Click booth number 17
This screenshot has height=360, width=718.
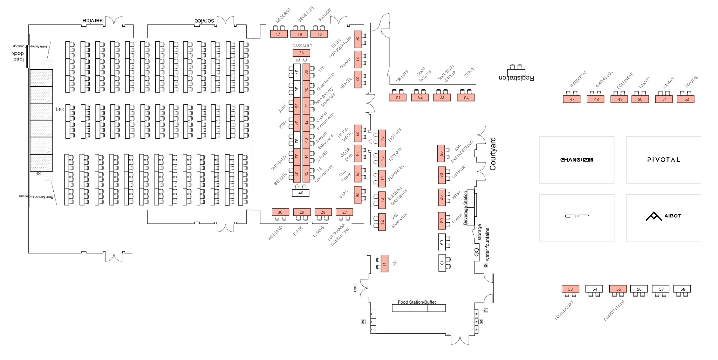tap(278, 34)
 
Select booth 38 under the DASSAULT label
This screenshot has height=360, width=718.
tap(301, 53)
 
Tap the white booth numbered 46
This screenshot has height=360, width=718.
tap(300, 193)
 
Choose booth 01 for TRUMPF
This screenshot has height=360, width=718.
tap(398, 98)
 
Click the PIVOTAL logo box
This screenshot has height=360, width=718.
tap(663, 160)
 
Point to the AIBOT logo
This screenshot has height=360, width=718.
tap(663, 216)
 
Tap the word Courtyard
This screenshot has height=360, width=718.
tap(493, 154)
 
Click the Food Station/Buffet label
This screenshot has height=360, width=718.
tap(416, 302)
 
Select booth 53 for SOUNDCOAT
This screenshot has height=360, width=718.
tap(570, 289)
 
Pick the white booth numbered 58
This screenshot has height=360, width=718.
tap(682, 289)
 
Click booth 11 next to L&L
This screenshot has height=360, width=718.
tap(385, 264)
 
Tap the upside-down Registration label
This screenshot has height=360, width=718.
tap(516, 78)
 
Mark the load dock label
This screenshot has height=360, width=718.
tap(18, 57)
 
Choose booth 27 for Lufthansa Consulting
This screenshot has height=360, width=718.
tap(344, 212)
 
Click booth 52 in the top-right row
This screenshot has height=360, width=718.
tap(687, 99)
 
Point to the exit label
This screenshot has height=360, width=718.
tap(355, 288)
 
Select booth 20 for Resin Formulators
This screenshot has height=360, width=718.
tap(358, 39)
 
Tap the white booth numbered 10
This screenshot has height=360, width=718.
tap(442, 263)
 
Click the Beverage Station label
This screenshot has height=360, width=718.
tap(466, 208)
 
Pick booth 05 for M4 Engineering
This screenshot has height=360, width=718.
tap(441, 154)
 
